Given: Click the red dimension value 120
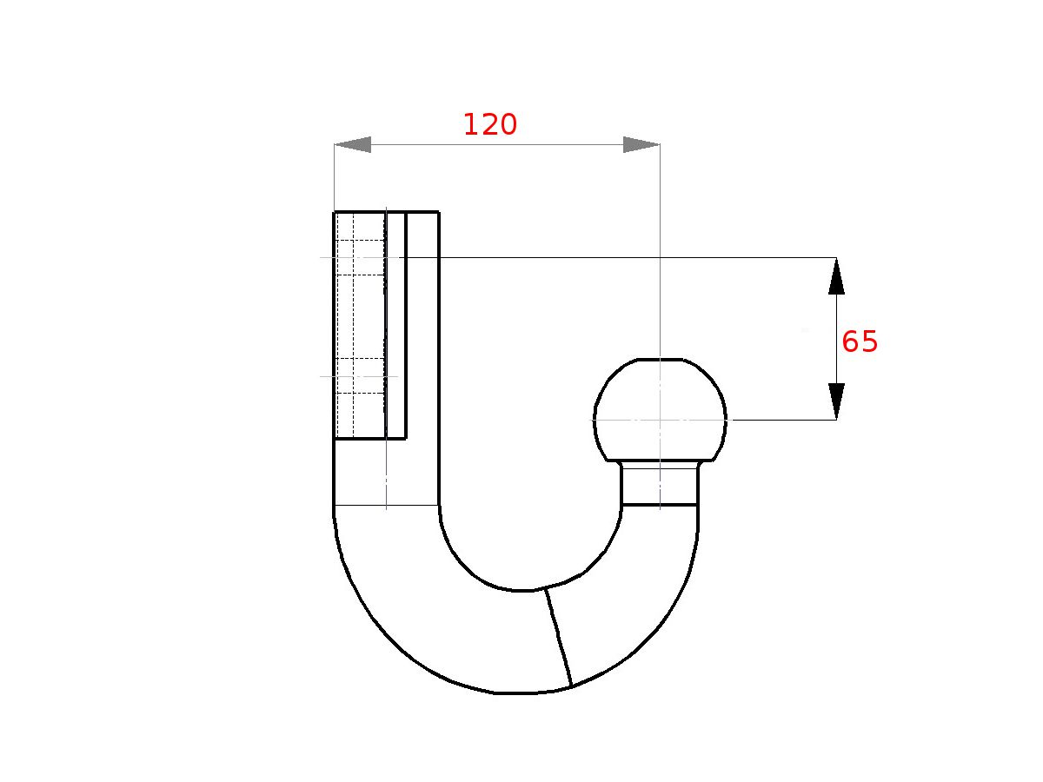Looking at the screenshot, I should (489, 125).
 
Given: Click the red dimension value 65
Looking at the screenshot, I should (860, 342).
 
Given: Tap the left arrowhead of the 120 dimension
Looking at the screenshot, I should (353, 145).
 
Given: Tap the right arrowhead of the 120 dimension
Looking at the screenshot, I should (641, 145).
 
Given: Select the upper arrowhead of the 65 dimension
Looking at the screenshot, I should (836, 276).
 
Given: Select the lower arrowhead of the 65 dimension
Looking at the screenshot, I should (836, 401).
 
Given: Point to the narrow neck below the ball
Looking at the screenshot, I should (660, 484).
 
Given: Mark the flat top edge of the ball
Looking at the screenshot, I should (660, 359).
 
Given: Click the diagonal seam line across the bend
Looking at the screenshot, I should (558, 638).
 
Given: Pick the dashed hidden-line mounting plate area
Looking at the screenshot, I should (360, 326).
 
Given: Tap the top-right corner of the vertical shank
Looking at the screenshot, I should (438, 212).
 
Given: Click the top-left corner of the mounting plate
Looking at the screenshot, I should (335, 212).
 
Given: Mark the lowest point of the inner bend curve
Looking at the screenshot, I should (521, 591).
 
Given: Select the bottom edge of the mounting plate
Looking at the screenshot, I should (369, 439).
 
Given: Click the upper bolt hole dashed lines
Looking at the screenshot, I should (360, 258).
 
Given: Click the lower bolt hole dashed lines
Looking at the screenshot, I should (360, 376).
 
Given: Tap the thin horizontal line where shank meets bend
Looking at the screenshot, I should (386, 505).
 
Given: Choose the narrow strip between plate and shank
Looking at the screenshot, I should (396, 326).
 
